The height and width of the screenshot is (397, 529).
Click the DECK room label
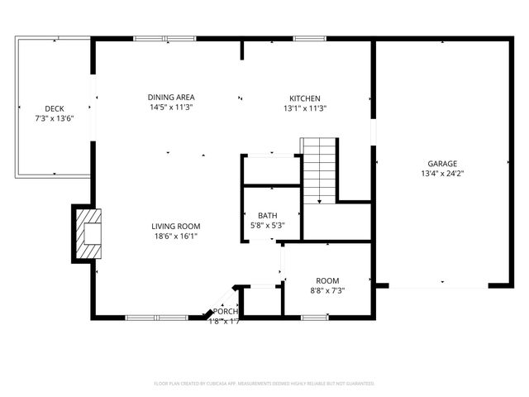(x=55, y=108)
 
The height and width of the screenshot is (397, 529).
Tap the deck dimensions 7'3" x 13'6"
(x=55, y=118)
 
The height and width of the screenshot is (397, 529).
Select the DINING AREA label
(x=171, y=98)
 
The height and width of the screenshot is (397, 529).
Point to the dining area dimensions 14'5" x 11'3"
(x=171, y=108)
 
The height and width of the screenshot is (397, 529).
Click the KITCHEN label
(x=304, y=98)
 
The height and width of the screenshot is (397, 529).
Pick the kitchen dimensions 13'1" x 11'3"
(x=305, y=108)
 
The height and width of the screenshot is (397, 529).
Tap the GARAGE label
(x=441, y=164)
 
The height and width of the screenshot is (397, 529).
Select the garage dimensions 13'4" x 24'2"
(x=441, y=174)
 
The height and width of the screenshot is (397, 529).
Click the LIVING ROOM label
(x=175, y=226)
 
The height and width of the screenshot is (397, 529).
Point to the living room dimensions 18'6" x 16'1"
(x=175, y=236)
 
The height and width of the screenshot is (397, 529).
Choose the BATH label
(x=267, y=215)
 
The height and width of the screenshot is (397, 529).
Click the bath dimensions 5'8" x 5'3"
(x=267, y=225)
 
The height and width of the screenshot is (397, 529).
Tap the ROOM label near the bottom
(x=327, y=281)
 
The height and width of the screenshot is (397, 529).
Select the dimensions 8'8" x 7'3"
(x=327, y=291)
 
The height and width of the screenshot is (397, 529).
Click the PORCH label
(x=226, y=311)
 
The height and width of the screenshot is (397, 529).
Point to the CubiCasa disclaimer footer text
(x=264, y=384)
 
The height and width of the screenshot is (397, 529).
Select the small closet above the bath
(x=270, y=170)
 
